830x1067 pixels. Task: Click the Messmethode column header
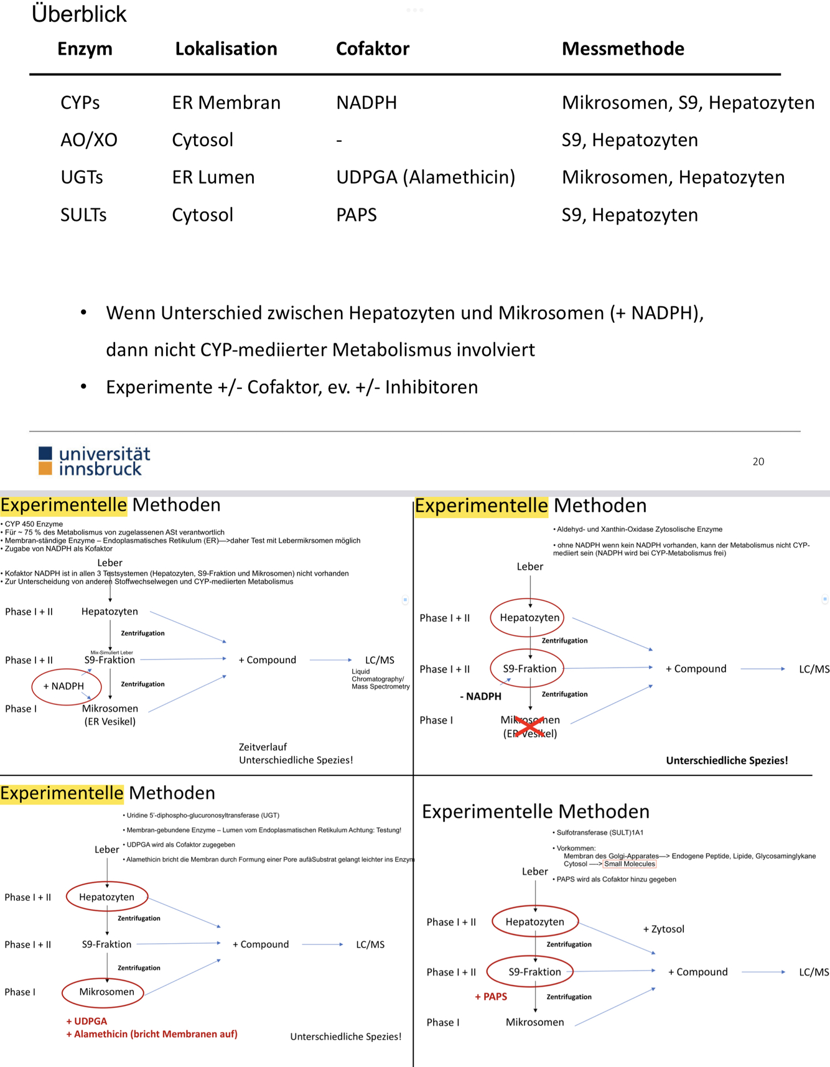coord(622,49)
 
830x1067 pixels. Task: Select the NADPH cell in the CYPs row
coord(366,103)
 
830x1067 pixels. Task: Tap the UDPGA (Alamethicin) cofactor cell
coord(426,177)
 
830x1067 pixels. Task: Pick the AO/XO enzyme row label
coord(88,140)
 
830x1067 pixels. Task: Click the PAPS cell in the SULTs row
coord(357,215)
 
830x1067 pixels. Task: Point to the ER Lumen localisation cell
coord(213,177)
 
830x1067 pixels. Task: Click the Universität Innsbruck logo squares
coord(45,461)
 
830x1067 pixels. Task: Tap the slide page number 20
coord(758,462)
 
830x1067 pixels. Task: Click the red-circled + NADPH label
coord(63,686)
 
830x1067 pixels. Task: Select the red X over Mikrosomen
coord(529,726)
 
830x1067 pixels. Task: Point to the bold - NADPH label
coord(480,696)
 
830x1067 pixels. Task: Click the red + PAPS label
coord(491,997)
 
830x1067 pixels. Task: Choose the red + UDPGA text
coord(86,1021)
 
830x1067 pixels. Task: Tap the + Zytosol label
coord(663,929)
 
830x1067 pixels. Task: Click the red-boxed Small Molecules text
coord(630,864)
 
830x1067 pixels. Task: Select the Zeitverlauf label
coord(263,747)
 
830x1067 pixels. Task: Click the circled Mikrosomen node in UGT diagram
coord(106,992)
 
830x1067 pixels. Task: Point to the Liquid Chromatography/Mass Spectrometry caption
coord(380,679)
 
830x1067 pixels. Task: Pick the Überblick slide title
coord(79,14)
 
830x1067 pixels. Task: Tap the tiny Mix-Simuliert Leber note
coord(112,653)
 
